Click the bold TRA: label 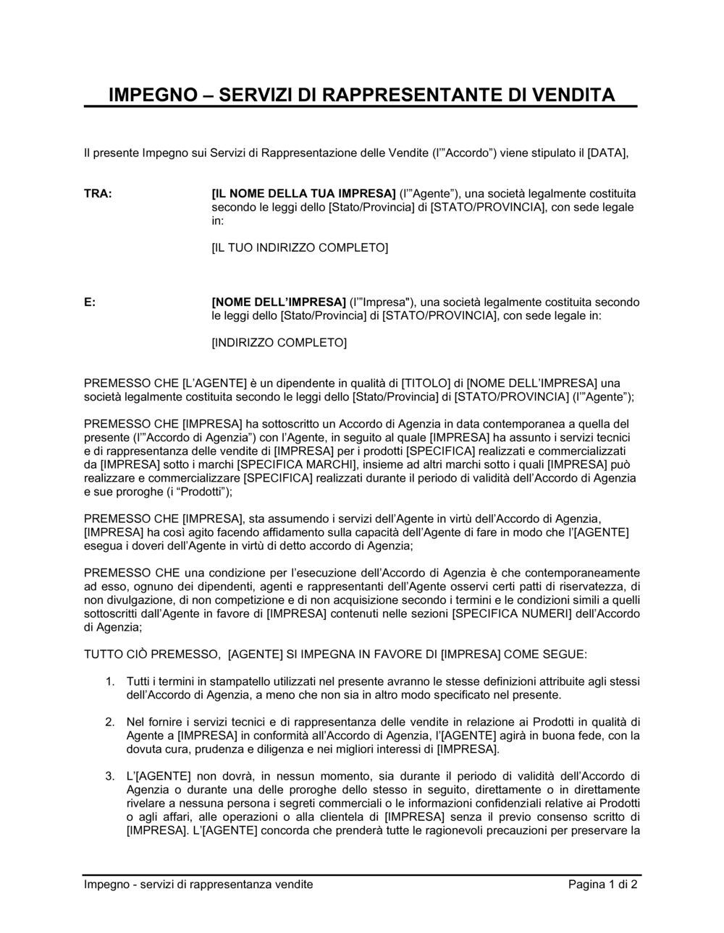point(98,194)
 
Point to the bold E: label point(90,302)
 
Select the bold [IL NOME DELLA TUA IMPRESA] point(303,194)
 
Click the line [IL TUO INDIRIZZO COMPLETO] point(300,248)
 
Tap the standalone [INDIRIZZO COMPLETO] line point(279,343)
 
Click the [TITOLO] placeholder point(426,383)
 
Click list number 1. point(110,681)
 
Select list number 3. point(110,776)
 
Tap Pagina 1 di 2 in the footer point(602,885)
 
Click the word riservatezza point(588,586)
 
